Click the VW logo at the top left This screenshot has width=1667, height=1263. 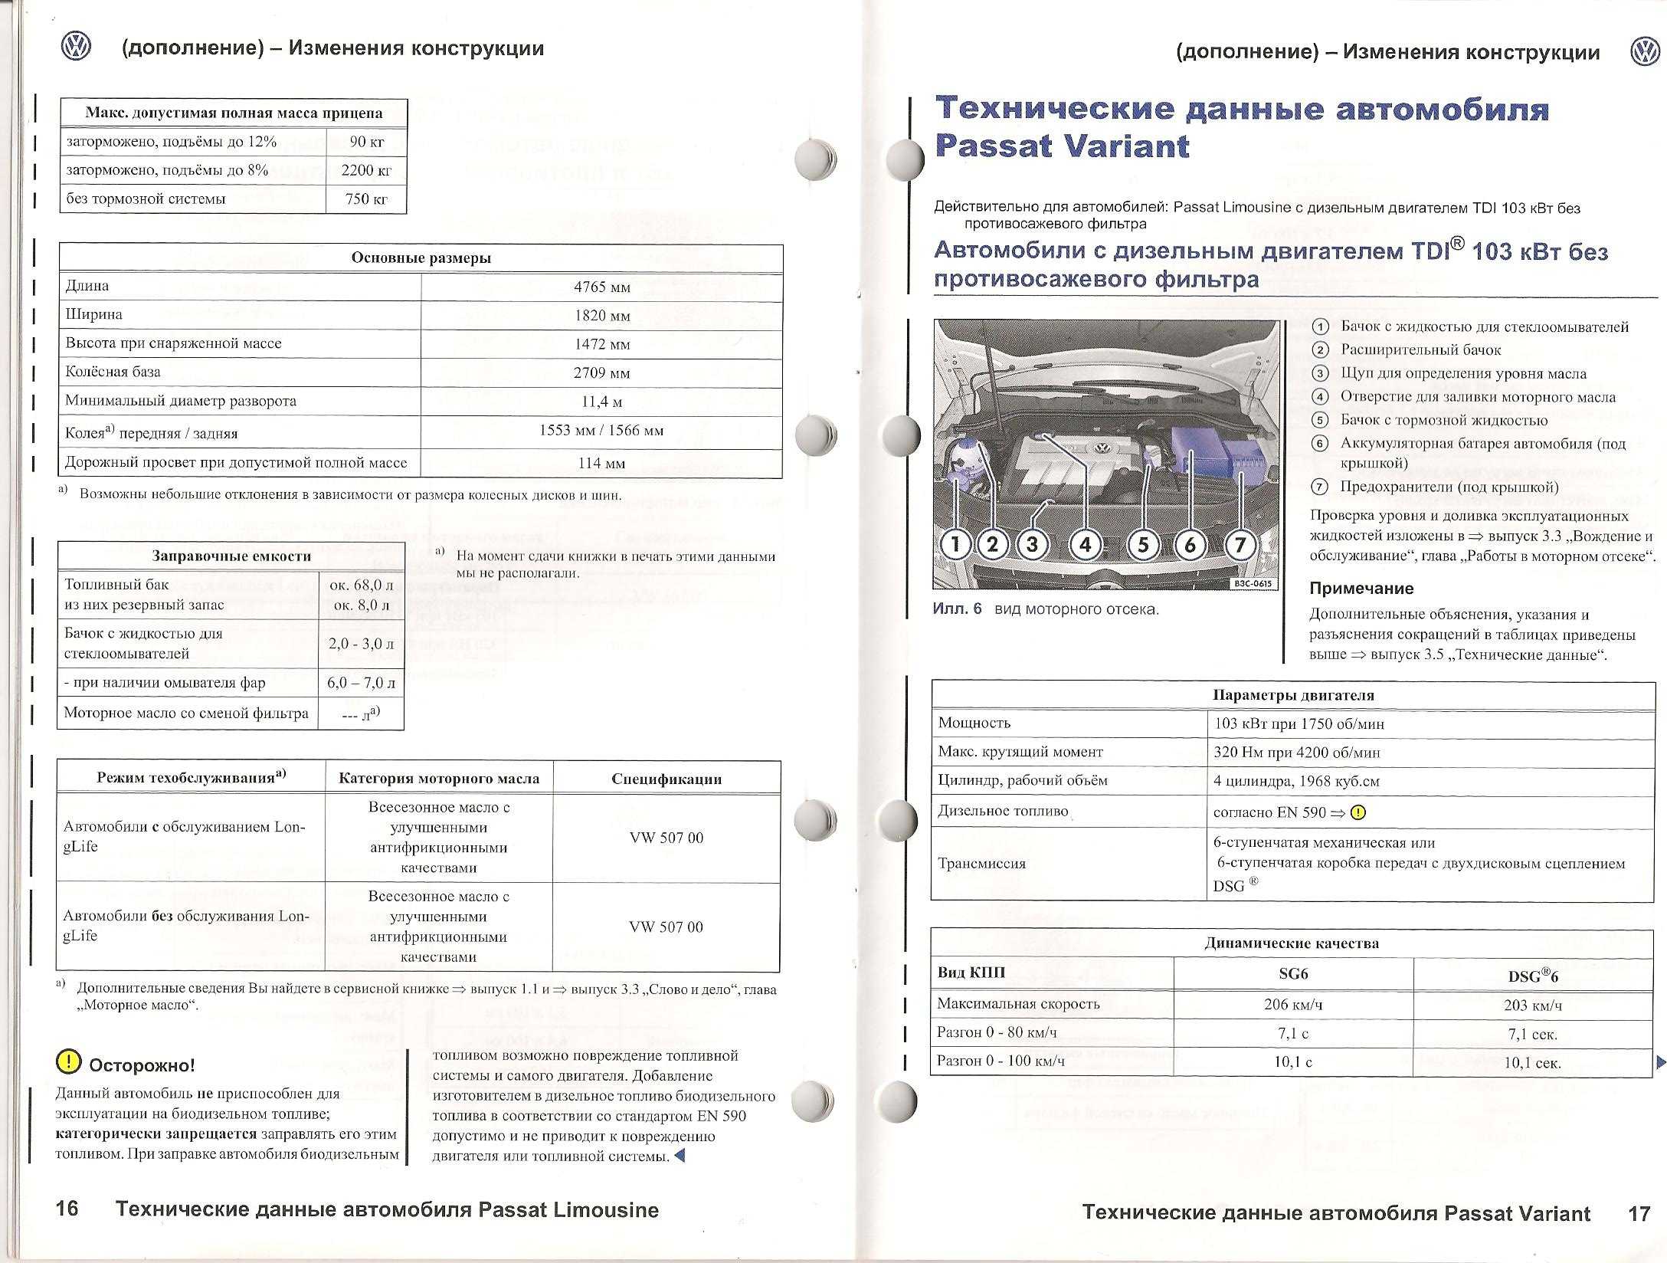point(76,48)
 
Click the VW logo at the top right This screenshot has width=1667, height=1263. point(1644,52)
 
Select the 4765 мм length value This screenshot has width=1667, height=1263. point(601,287)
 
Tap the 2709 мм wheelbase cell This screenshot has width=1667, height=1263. point(601,373)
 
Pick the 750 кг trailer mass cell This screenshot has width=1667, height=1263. point(365,199)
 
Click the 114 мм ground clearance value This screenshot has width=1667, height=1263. point(601,464)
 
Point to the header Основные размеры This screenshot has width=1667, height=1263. point(421,258)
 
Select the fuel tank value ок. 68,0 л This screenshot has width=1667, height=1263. point(361,586)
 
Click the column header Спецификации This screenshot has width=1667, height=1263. point(666,779)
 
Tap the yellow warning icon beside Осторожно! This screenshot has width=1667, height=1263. point(68,1061)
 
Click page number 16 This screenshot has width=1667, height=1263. point(67,1209)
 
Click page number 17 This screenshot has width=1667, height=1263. point(1639,1213)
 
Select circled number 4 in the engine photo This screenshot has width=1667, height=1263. point(1085,545)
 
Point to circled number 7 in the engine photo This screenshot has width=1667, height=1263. point(1240,545)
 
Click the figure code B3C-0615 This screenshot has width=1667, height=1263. point(1253,584)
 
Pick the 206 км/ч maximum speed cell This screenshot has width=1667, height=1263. point(1292,1005)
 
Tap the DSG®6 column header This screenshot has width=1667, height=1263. point(1532,976)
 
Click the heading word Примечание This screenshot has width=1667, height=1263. point(1361,589)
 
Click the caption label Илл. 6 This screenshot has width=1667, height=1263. point(957,609)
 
